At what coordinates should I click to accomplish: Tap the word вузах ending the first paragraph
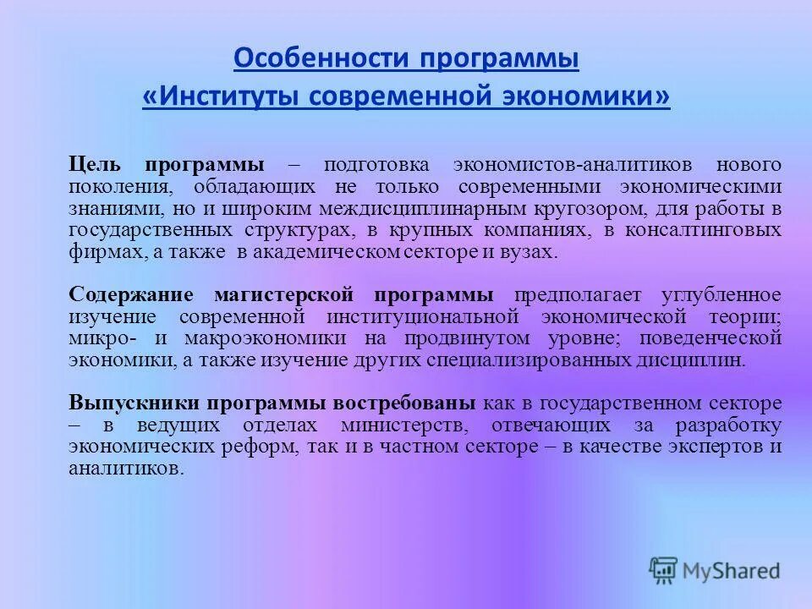pyautogui.click(x=533, y=252)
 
